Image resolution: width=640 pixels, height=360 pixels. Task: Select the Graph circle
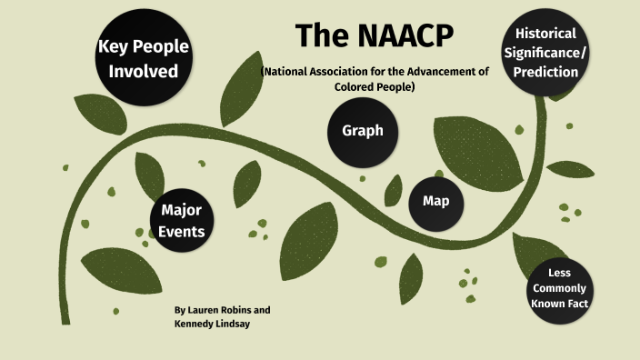coord(363,131)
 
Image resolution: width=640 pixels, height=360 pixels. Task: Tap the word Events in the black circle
coord(182,232)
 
